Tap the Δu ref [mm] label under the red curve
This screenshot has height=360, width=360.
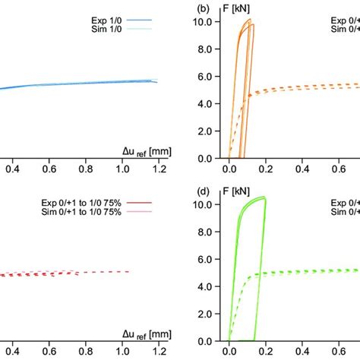click(x=141, y=334)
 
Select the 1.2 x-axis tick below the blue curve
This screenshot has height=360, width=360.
click(x=158, y=171)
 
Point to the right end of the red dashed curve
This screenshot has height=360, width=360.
click(x=130, y=271)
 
